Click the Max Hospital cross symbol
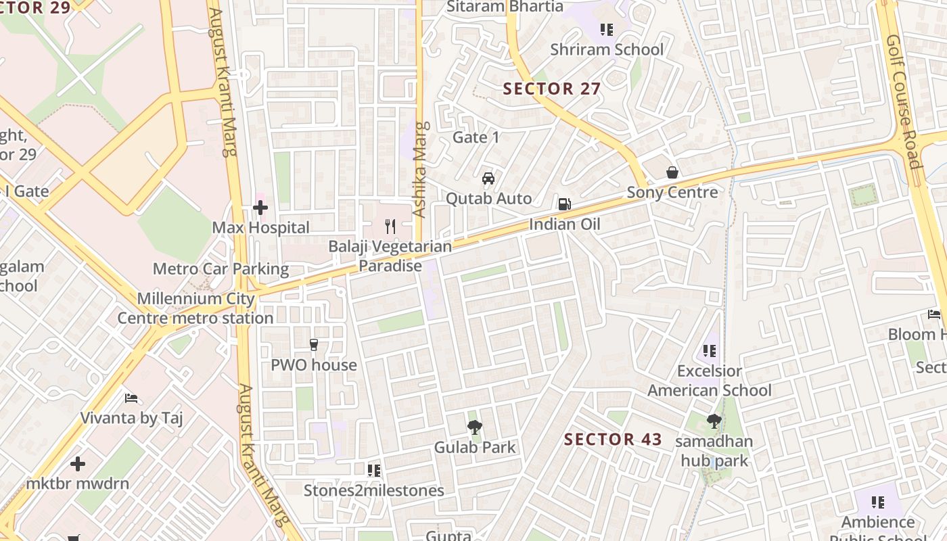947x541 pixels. [x=260, y=208]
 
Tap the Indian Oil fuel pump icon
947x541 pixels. [x=563, y=204]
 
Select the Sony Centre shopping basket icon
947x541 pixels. [x=672, y=172]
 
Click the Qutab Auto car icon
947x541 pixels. [x=488, y=179]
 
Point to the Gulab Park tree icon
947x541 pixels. [x=475, y=427]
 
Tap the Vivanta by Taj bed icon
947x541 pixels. [x=131, y=398]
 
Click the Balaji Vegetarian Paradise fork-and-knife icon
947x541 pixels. [x=390, y=226]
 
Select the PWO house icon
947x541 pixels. [x=313, y=345]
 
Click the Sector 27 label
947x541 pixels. [x=552, y=89]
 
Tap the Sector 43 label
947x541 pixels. [x=614, y=439]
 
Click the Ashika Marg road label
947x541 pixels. [x=421, y=169]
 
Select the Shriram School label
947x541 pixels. [x=607, y=49]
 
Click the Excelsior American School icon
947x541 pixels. [x=709, y=350]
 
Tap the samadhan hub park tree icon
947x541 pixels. [x=714, y=421]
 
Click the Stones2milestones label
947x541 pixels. [x=374, y=490]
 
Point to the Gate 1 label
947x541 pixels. [x=476, y=137]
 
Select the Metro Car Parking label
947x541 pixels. [x=221, y=268]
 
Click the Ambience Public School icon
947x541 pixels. [x=878, y=502]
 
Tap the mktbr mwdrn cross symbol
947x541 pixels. [x=78, y=464]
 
